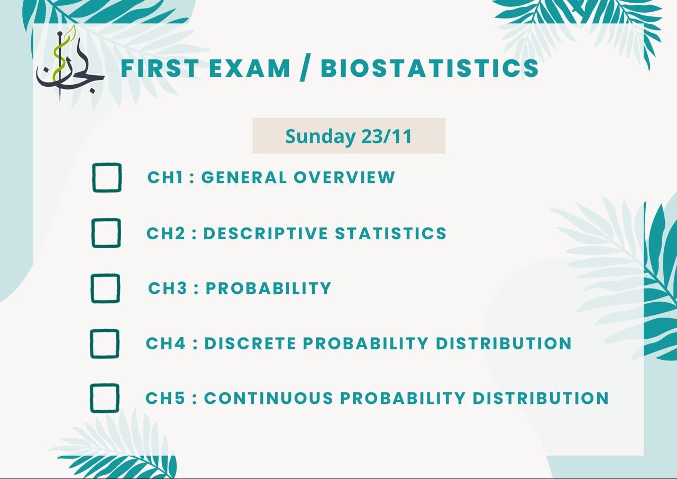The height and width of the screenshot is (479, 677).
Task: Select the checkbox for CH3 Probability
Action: point(105,274)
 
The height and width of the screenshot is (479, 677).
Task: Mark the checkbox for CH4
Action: point(105,330)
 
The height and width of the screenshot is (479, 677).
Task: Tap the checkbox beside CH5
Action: point(105,384)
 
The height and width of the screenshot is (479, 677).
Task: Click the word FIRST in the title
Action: point(160,68)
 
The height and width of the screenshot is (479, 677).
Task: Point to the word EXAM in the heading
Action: point(249,68)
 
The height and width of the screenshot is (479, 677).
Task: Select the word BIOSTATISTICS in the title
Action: point(429,68)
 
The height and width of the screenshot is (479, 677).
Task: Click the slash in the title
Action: point(305,67)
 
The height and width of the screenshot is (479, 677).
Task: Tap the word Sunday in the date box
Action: point(320,137)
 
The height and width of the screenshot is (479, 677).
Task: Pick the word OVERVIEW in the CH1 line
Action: point(344,177)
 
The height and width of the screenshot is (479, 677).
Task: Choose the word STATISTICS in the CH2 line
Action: point(390,233)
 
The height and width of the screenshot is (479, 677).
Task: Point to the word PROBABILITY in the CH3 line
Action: point(268,288)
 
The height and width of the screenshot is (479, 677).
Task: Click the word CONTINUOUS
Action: point(269,398)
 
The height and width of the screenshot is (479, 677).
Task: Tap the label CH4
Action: point(166,344)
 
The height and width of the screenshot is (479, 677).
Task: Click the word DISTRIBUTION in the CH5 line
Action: point(541,398)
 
